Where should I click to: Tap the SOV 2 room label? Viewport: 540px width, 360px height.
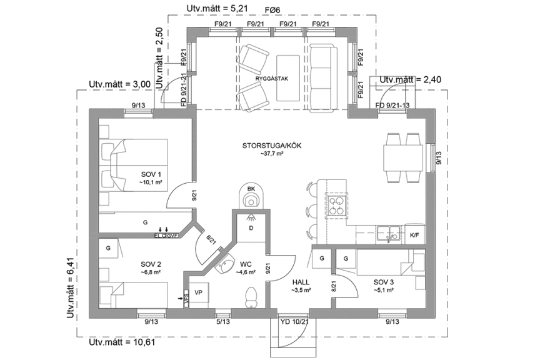[151, 264]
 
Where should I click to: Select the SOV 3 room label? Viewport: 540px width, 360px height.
[384, 281]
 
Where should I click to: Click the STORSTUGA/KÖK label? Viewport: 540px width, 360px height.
[272, 146]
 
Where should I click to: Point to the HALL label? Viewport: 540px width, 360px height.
[301, 282]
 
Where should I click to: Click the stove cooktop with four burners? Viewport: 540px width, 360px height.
[337, 205]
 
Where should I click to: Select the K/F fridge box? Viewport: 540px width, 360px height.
[414, 235]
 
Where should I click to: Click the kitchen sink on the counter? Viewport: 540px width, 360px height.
[391, 233]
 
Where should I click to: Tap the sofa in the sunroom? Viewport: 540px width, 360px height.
[322, 74]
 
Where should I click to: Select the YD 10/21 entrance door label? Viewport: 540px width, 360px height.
[294, 322]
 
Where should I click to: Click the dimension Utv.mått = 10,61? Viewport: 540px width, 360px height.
[122, 342]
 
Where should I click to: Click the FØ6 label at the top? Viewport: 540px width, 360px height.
[272, 9]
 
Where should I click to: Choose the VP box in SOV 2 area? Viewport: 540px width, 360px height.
[199, 292]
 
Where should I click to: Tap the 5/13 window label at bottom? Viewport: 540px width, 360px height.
[222, 322]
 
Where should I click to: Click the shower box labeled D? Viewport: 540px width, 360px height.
[251, 228]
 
